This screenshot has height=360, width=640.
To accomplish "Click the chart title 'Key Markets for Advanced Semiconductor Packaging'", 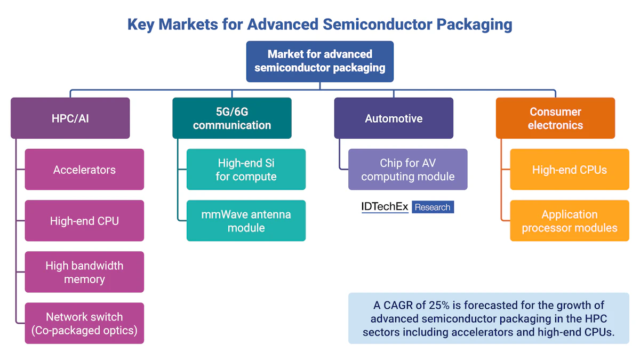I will (x=319, y=25).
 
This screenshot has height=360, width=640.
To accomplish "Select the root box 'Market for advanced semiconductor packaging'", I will (x=319, y=61).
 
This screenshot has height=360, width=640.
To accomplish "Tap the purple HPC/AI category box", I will (x=70, y=118).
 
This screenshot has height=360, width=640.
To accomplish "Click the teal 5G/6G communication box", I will (x=232, y=118).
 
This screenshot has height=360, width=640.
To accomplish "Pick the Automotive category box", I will (x=394, y=118).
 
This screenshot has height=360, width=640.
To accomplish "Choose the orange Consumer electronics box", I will (x=555, y=118).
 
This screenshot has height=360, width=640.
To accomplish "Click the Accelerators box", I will (x=84, y=170).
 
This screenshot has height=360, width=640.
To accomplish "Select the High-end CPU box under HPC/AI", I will (x=84, y=221).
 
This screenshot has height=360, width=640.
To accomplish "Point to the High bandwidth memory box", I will (x=84, y=272).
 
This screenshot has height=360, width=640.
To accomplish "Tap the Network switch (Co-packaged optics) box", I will (x=84, y=323).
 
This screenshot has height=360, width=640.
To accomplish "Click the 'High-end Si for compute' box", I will (x=246, y=170).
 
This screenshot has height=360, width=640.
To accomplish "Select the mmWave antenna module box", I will (x=246, y=221).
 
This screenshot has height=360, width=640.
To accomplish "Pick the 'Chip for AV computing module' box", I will (x=408, y=170).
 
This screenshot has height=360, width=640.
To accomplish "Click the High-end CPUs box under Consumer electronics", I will (x=570, y=170).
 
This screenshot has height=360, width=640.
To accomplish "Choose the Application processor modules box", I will (x=570, y=221).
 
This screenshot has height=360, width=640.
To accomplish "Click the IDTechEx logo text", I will (x=385, y=207).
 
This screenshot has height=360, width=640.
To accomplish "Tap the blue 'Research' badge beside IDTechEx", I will (x=433, y=207).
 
